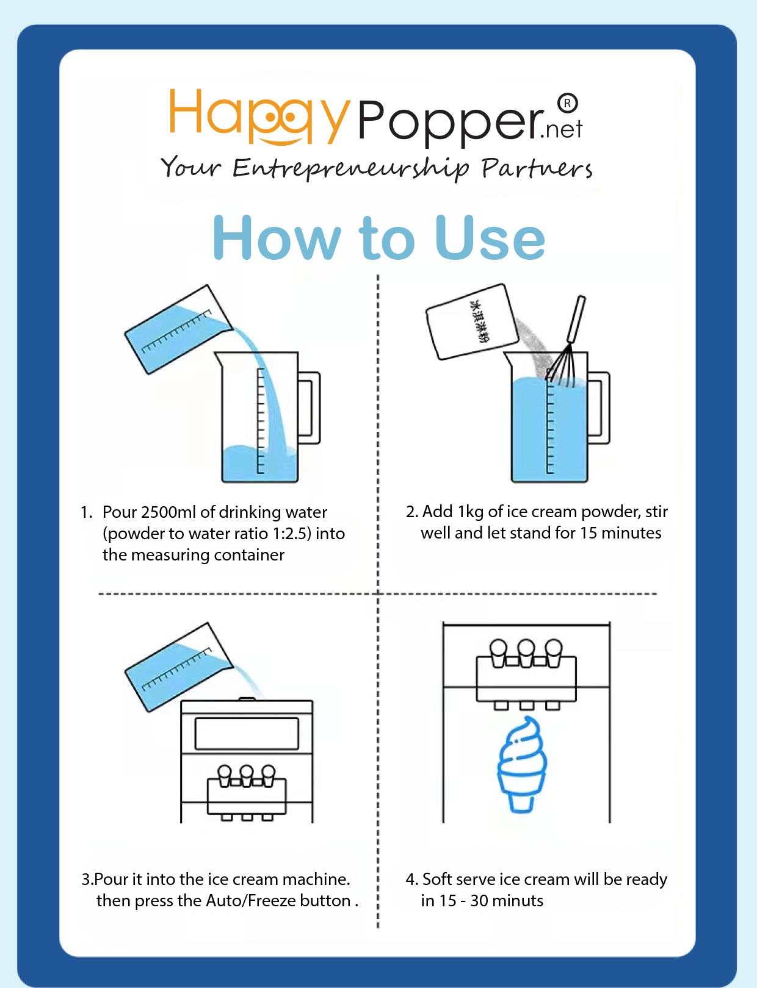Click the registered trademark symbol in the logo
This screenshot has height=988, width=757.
pyautogui.click(x=567, y=104)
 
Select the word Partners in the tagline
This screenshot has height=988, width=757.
pyautogui.click(x=537, y=168)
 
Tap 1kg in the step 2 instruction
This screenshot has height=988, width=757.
pyautogui.click(x=471, y=512)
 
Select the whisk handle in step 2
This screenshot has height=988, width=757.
pyautogui.click(x=576, y=319)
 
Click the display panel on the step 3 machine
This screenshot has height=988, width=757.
pyautogui.click(x=247, y=734)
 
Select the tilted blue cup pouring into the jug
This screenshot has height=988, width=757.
pyautogui.click(x=179, y=329)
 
